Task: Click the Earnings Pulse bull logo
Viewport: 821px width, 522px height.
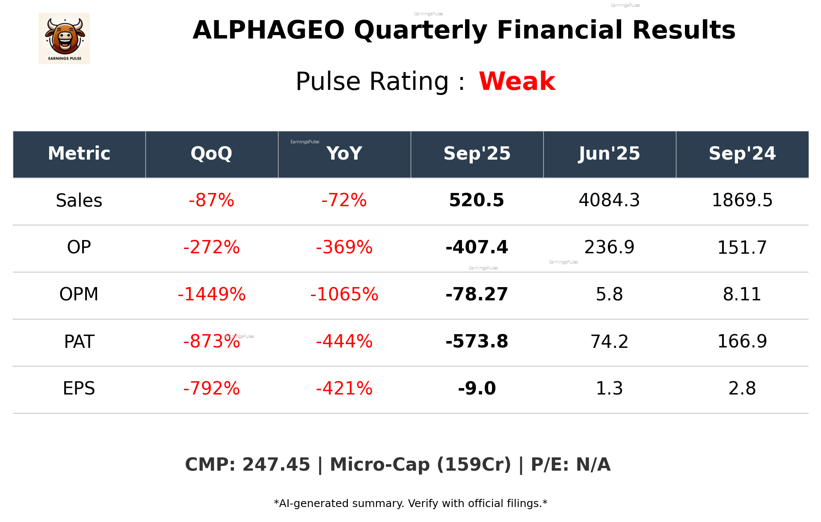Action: (64, 39)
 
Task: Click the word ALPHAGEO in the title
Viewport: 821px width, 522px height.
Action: (268, 30)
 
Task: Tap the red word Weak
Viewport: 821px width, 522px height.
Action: (517, 81)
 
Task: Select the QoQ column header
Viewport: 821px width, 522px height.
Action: (211, 154)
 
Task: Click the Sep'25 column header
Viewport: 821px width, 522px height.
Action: (477, 154)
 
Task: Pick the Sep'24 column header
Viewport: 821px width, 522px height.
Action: (742, 154)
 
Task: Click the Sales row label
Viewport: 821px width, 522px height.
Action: (79, 201)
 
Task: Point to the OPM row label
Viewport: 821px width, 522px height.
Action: (79, 294)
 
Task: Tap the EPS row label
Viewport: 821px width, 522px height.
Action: (79, 389)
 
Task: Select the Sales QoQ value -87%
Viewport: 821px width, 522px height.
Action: (211, 201)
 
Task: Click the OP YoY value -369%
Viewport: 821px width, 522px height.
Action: (344, 247)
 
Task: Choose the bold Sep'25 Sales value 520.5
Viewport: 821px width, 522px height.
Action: (477, 201)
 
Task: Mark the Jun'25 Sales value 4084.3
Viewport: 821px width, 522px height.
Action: (609, 201)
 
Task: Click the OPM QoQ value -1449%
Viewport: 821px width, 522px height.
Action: (211, 294)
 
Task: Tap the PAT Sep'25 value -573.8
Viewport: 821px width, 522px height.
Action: (477, 341)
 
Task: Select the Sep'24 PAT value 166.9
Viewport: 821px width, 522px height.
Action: (742, 341)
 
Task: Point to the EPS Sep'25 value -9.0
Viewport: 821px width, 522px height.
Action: (477, 389)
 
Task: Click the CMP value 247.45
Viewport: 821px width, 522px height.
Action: (276, 465)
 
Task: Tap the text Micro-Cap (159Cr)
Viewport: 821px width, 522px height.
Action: (420, 465)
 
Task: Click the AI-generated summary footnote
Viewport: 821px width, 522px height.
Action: (410, 504)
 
